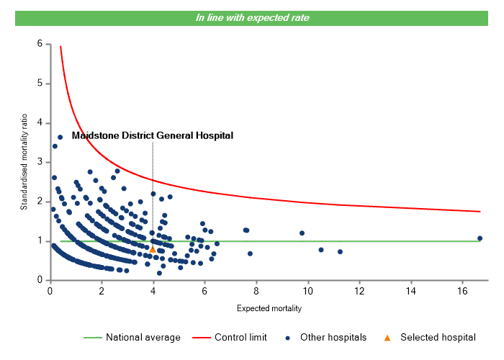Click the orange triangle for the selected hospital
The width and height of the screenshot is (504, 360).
(153, 249)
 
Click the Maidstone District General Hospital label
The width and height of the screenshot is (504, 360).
(153, 135)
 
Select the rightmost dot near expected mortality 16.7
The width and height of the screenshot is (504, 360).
(480, 238)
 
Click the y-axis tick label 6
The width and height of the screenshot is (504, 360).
(40, 44)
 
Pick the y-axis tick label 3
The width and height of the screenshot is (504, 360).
(40, 162)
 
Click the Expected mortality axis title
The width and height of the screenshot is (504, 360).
(269, 308)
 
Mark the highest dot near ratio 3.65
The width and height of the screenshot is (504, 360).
(60, 137)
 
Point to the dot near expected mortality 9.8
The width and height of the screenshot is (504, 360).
(302, 233)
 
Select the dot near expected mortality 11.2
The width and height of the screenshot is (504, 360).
(340, 252)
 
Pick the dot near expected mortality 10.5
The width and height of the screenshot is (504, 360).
(321, 250)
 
